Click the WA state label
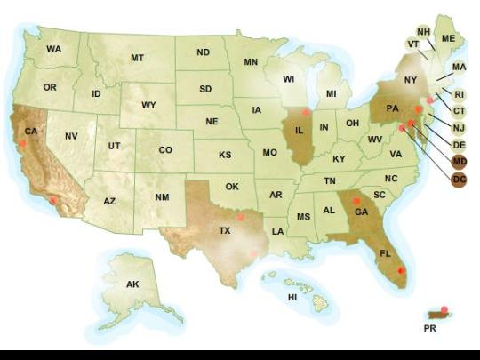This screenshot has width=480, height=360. click(54, 49)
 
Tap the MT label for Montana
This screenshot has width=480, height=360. click(137, 58)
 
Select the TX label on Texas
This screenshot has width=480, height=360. click(225, 229)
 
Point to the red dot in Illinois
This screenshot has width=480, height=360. click(306, 113)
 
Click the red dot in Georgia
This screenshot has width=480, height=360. click(356, 202)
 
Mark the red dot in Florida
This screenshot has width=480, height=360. click(401, 269)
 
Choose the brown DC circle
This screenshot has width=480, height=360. click(459, 180)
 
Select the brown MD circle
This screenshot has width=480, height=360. click(459, 161)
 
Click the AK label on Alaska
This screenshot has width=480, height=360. click(132, 284)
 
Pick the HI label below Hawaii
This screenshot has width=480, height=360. click(292, 297)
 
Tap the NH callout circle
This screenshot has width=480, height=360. click(424, 33)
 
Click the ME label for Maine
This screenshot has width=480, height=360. click(448, 39)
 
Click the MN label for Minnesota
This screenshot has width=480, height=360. click(251, 62)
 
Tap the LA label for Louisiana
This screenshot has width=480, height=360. click(278, 231)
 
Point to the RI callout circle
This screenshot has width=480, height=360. click(459, 94)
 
